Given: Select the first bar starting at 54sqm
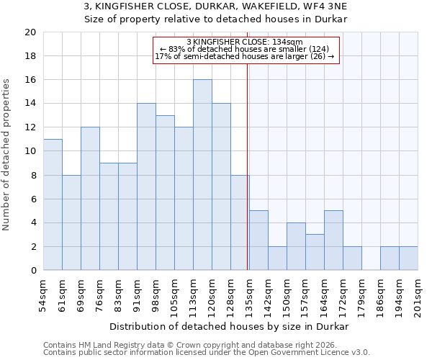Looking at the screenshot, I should [53, 204].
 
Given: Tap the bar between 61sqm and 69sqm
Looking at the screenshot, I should [71, 222].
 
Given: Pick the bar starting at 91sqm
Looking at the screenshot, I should [146, 186].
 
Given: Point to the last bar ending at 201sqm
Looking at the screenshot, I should [408, 258].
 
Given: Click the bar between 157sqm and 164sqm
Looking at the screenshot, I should [315, 252].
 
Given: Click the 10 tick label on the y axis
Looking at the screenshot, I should [30, 151].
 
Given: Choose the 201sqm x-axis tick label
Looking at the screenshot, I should [418, 296].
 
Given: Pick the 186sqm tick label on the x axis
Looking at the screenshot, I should [381, 296].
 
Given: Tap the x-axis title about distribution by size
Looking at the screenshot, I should [230, 326].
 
